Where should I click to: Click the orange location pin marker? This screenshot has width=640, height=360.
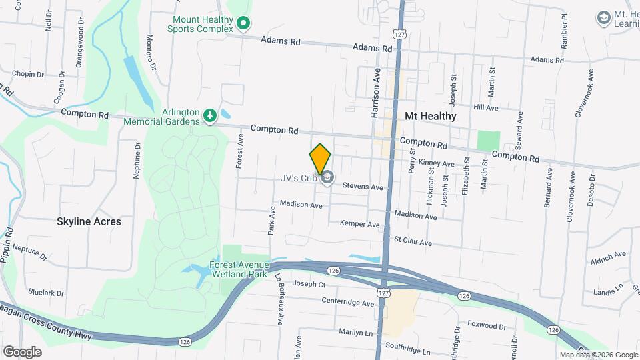coord(321,159)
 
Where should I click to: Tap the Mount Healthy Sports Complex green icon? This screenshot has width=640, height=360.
coord(244,25)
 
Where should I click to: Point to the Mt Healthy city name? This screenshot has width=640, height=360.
coord(431,116)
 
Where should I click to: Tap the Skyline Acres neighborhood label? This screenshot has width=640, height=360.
coord(89,221)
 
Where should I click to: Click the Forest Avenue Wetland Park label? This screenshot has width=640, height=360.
coord(239,269)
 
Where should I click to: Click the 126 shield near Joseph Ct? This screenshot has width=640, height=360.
coord(334,269)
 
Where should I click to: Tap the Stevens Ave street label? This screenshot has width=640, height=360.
coord(363,187)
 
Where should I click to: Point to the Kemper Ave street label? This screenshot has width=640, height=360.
coord(359,224)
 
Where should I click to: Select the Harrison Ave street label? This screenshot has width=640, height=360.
coord(375,93)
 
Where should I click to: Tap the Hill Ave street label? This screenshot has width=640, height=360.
coord(486,107)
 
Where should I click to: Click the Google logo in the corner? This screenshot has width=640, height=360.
coord(22,351)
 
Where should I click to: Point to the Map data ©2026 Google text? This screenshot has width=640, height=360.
coord(598,355)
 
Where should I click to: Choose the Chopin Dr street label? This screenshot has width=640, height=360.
coord(27,75)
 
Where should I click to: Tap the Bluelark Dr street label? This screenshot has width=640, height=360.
coord(46,293)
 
